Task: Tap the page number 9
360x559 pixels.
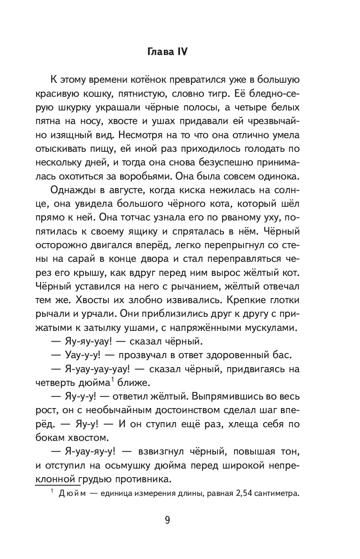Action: click(167, 521)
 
